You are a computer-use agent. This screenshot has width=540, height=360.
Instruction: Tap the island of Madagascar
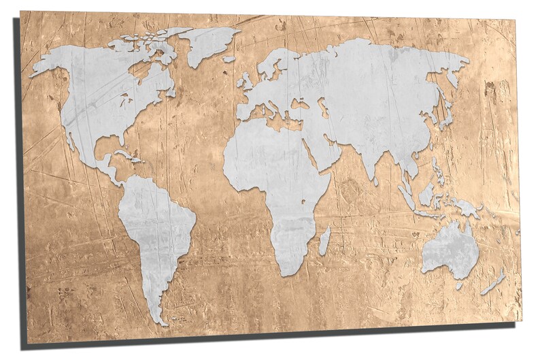[x=324, y=240]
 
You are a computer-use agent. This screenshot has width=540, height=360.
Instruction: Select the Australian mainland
[x=450, y=249]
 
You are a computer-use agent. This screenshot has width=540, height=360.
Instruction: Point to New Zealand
[x=495, y=281]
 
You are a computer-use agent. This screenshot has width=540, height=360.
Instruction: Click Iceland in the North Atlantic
[x=229, y=59]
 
